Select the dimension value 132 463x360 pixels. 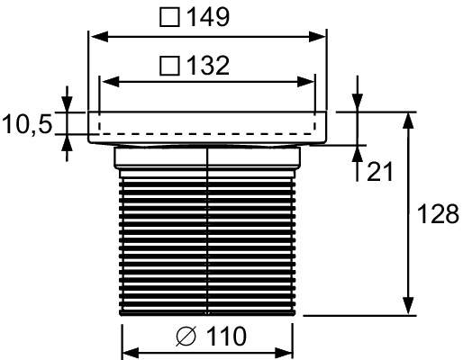(206, 66)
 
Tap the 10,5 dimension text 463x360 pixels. (27, 125)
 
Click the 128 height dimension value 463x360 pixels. (438, 214)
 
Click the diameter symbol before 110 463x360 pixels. (186, 337)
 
